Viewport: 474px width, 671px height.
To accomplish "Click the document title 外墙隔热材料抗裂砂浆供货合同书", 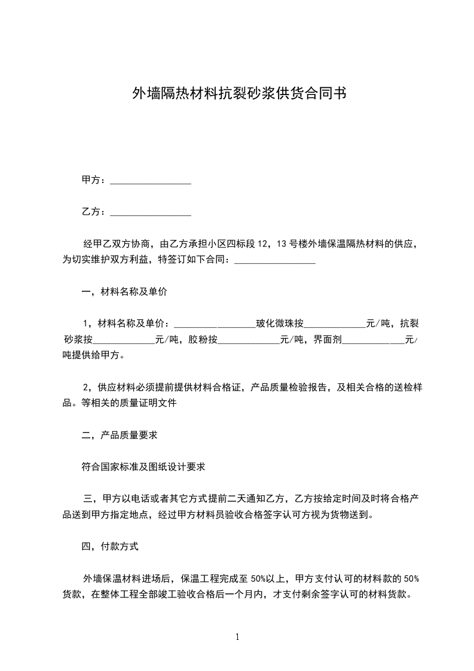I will click(238, 94).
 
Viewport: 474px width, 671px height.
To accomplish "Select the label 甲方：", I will click(94, 180).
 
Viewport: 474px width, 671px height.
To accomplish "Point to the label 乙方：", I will click(94, 212).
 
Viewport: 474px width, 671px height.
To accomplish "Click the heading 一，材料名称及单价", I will click(124, 292).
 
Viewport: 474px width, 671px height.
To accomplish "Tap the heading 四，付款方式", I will click(110, 546).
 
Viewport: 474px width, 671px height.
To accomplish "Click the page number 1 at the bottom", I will click(237, 638).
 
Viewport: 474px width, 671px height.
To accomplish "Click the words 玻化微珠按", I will click(280, 324).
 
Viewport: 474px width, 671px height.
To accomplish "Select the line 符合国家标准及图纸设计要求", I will click(143, 466).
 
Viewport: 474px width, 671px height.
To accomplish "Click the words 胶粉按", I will click(203, 340).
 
